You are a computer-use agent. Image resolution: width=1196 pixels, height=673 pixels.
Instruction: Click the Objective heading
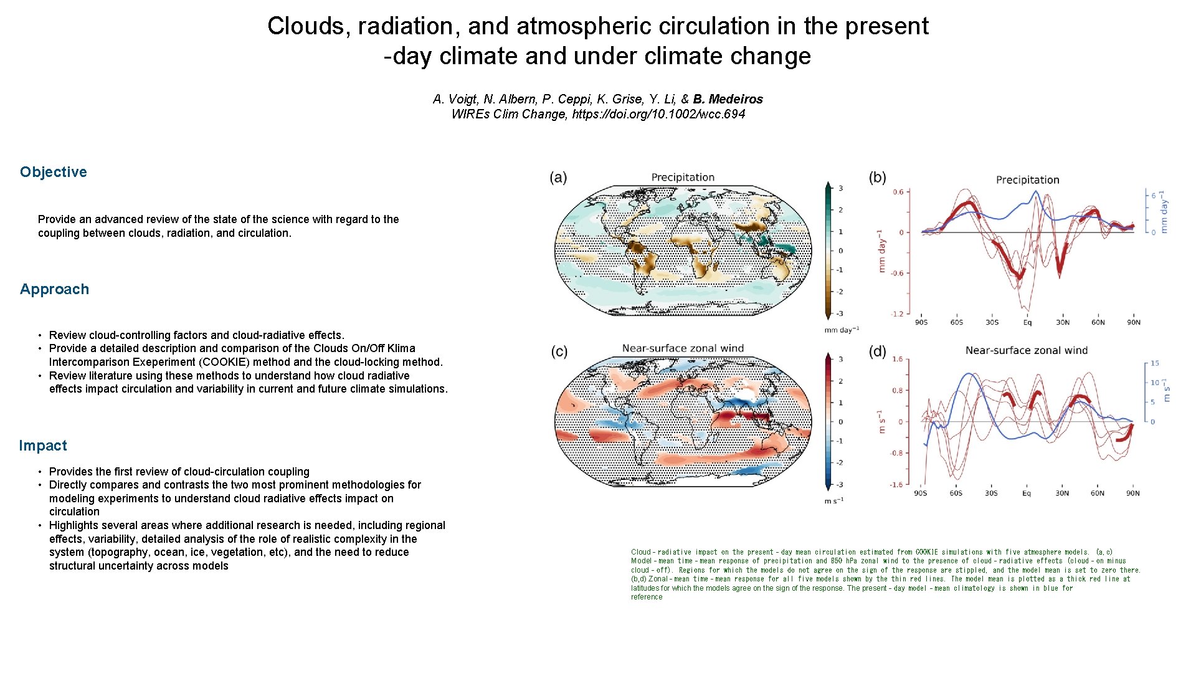(53, 172)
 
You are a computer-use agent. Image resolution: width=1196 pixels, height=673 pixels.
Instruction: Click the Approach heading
(54, 289)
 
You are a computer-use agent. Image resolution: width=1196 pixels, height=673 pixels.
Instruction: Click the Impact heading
(42, 446)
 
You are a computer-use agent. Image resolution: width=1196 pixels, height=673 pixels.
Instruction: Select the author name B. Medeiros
(728, 99)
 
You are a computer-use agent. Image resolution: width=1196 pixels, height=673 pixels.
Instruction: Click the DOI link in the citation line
(658, 114)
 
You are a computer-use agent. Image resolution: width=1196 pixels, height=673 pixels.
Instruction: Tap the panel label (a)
(558, 178)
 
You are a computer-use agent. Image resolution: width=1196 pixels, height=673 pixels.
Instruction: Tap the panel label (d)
(877, 351)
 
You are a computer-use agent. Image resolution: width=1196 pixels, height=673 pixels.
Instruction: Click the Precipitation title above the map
(683, 177)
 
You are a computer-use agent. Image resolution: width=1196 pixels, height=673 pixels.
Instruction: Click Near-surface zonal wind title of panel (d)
(1026, 350)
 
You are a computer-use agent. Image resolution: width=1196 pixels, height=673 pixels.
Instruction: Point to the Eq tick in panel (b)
(1027, 322)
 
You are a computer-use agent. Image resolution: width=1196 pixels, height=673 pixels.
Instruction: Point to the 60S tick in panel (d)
(956, 493)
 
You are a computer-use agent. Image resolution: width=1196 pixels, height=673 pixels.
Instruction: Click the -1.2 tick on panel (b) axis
(897, 314)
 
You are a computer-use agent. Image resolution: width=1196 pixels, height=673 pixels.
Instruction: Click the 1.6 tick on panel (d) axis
(897, 359)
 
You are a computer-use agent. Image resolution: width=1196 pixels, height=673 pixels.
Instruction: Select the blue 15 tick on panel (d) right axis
(1155, 363)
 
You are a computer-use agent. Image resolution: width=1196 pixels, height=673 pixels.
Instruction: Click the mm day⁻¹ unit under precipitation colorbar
(842, 330)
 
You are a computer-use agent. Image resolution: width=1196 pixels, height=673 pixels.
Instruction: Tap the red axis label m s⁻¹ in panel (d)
(881, 422)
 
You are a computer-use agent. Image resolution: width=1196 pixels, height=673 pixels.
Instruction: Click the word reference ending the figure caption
(647, 597)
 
